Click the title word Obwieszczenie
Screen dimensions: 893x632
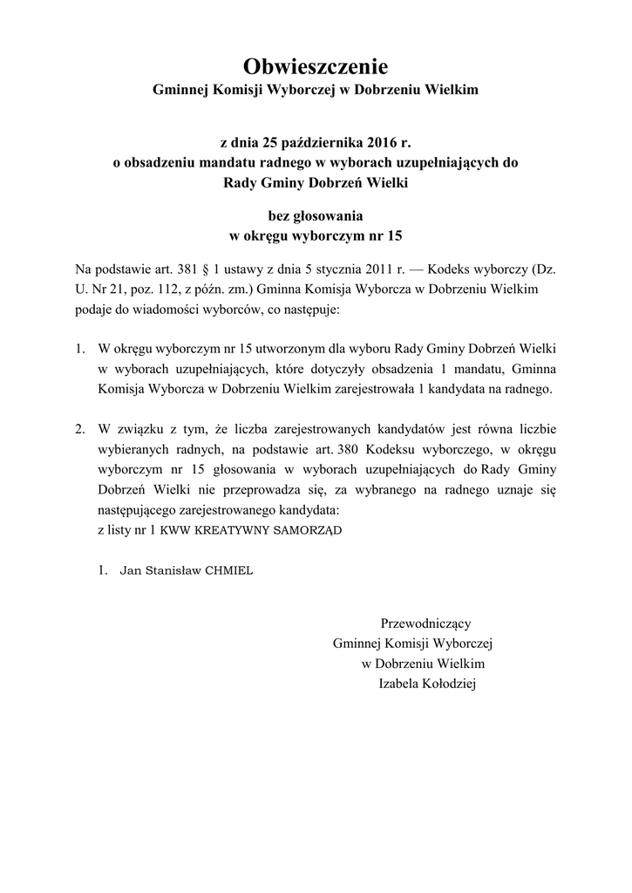click(x=315, y=66)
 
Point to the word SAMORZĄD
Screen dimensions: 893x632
click(x=307, y=529)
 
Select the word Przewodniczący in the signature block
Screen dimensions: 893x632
click(x=425, y=624)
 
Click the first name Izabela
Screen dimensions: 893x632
click(x=400, y=685)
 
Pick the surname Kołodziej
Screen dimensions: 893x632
click(x=446, y=685)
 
